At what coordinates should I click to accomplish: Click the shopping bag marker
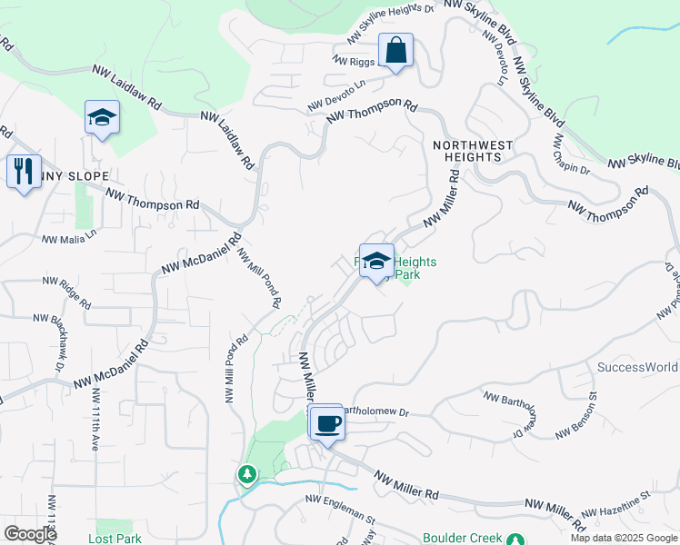point(396,51)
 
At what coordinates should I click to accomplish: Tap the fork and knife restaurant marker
point(23,170)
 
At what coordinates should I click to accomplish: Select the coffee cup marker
point(327,423)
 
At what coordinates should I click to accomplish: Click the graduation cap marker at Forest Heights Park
point(376,262)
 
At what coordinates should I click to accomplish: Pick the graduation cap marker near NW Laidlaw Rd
point(103,118)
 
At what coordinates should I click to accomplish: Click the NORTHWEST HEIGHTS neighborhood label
point(473,151)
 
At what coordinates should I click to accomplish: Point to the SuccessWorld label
point(637,367)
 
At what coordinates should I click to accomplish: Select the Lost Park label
point(115,539)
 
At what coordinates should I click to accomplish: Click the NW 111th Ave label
point(95,421)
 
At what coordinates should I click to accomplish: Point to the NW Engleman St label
point(340,509)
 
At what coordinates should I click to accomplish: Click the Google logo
point(30,534)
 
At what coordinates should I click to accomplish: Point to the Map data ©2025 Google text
point(624,538)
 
